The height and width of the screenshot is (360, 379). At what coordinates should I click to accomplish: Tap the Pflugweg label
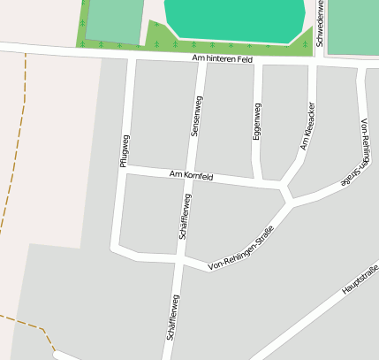[x=125, y=150]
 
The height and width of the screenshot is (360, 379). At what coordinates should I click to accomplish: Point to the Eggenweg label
[x=257, y=122]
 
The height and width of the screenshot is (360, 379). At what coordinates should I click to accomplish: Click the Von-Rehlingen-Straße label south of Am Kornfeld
[x=239, y=249]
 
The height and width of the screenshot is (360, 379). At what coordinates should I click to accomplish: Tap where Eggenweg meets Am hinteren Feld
[x=257, y=63]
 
